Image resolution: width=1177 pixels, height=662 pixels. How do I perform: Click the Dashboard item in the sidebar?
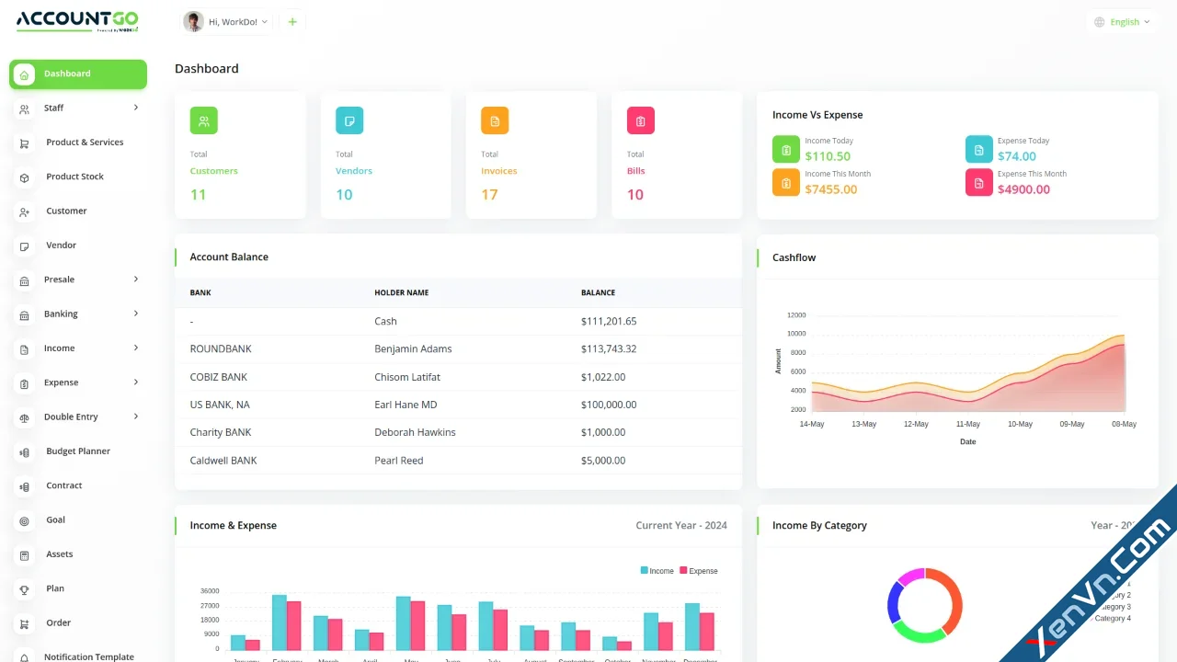tap(77, 74)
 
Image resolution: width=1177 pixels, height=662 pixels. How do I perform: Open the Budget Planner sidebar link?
tap(77, 451)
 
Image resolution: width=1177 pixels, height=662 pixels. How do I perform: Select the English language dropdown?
tap(1123, 22)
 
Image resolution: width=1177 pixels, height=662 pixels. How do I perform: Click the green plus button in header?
tap(292, 22)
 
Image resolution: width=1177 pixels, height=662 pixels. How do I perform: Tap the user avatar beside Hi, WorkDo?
tap(193, 22)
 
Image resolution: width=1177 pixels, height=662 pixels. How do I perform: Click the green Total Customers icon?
tap(203, 120)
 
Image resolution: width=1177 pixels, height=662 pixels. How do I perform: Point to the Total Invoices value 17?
tap(489, 195)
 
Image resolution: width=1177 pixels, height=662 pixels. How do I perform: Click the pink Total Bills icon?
tap(640, 120)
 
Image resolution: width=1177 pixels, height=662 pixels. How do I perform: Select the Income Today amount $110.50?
tap(828, 156)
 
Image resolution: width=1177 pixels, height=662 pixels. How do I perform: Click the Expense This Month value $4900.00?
tap(1023, 189)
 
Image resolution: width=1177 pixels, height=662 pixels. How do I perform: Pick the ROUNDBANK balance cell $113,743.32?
tap(609, 349)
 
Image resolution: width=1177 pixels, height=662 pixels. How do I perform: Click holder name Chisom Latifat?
tap(407, 377)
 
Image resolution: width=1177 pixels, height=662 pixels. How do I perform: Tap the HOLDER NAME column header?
tap(401, 292)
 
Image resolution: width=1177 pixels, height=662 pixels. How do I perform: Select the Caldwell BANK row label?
tap(223, 461)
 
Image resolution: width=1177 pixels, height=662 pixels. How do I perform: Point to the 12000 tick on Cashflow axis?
tap(795, 315)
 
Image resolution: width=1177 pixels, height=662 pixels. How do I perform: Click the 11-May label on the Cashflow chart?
tap(967, 425)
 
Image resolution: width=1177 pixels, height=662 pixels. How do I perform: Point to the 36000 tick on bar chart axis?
tap(210, 591)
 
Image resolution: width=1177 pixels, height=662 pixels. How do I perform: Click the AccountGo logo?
tap(77, 20)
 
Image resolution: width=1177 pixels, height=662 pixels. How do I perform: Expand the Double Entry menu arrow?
tap(136, 417)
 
